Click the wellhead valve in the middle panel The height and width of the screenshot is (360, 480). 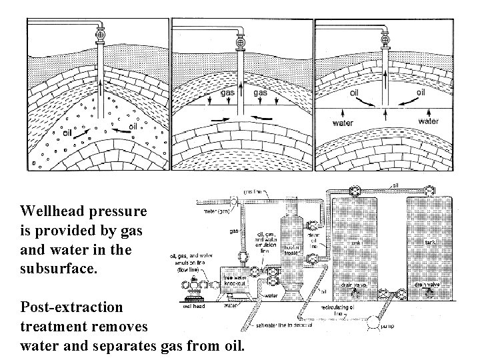click(x=243, y=35)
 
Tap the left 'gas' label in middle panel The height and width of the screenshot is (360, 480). click(x=227, y=93)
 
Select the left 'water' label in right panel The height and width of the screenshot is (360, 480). click(x=343, y=123)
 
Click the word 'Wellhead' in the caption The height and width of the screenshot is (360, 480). click(x=50, y=212)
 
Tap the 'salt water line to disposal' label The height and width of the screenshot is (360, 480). click(x=282, y=326)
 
